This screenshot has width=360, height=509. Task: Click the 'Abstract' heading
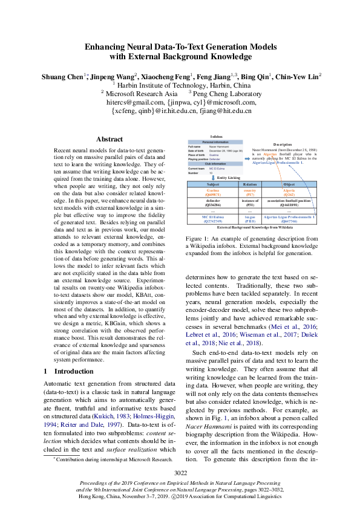[x=109, y=139]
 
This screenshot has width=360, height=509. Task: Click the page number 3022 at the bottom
[x=180, y=473]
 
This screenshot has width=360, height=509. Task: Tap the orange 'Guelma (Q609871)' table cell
[x=213, y=193]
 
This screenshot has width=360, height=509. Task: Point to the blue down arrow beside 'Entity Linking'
[x=212, y=177]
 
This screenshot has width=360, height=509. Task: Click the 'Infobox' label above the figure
[x=216, y=137]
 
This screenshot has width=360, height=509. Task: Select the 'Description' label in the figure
[x=282, y=144]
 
